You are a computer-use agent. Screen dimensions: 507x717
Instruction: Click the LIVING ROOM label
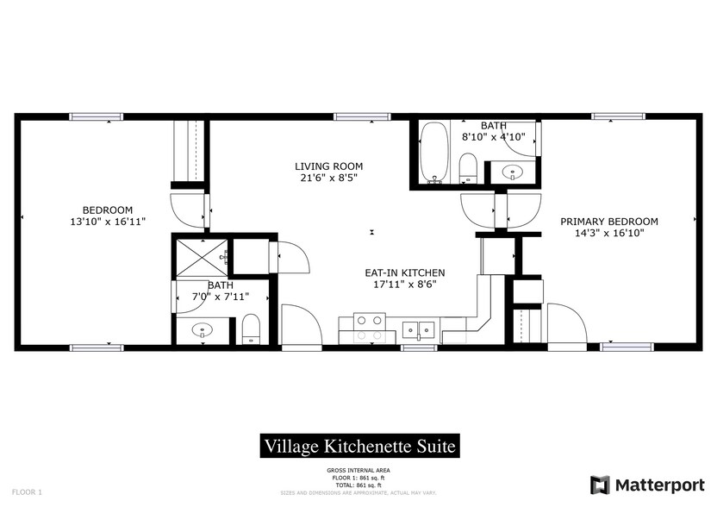point(328,166)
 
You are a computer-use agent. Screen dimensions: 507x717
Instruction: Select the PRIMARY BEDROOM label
point(608,221)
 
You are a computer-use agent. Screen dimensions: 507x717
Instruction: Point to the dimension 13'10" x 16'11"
point(107,222)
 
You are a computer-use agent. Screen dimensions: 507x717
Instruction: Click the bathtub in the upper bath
point(433,153)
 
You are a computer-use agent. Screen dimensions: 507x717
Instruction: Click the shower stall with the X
point(200,257)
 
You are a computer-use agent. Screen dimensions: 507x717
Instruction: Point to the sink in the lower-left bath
point(203,329)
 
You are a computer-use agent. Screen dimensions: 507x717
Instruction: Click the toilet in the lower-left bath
point(251,329)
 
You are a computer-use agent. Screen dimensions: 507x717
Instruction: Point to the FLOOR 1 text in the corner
point(28,491)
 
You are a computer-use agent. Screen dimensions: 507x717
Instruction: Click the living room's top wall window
point(352,116)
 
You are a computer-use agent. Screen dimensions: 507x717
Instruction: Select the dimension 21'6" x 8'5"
point(328,178)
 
